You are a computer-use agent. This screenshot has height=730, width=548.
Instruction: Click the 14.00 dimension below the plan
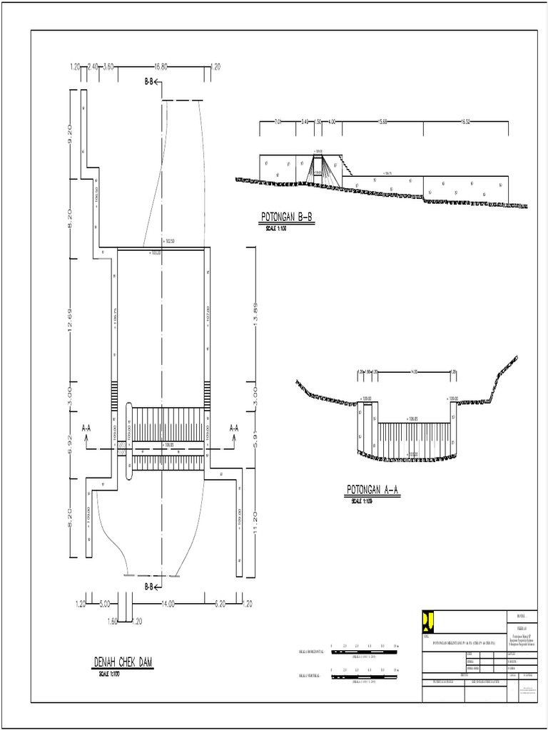169,604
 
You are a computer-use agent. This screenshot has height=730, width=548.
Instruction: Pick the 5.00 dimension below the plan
105,604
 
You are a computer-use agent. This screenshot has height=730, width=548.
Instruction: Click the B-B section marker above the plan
153,83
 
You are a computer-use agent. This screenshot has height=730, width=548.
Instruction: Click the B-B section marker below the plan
153,587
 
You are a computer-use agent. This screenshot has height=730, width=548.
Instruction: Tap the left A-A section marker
86,429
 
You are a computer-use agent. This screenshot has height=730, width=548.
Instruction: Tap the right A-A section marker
234,429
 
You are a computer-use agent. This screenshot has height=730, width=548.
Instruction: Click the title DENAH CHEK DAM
123,663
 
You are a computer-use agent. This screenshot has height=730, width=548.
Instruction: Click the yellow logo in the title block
428,621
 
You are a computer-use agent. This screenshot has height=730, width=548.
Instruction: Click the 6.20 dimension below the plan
220,604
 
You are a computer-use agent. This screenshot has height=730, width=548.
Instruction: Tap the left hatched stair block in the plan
113,393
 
